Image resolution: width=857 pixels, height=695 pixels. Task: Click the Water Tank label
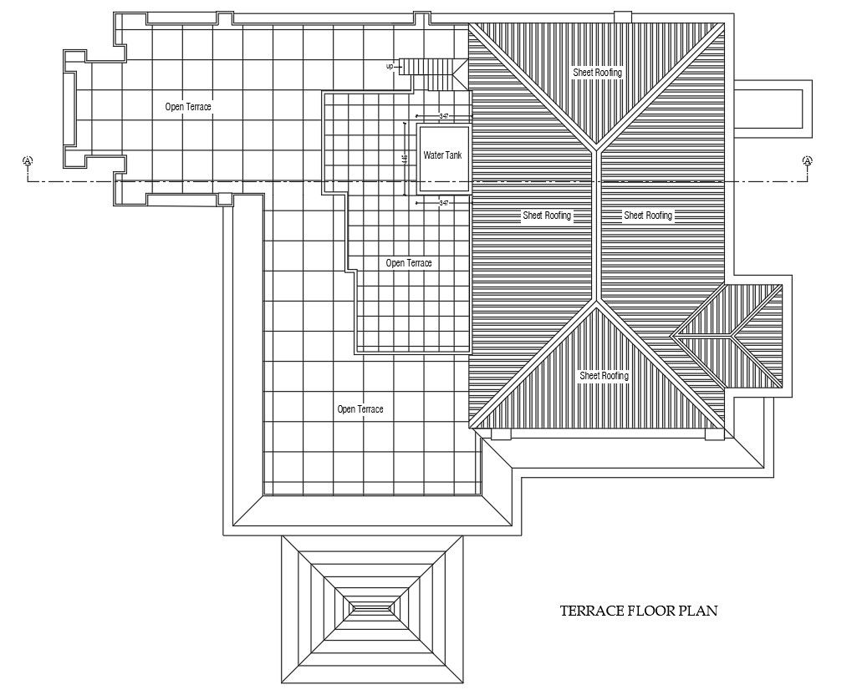[442, 155]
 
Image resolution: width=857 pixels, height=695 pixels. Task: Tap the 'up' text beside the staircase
[390, 66]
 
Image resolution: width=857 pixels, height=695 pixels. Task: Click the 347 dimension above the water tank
[444, 116]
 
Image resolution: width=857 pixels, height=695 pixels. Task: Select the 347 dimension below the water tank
[444, 203]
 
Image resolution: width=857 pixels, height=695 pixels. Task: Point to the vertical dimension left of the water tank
[406, 159]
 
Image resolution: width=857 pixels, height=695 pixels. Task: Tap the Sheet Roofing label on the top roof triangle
[597, 73]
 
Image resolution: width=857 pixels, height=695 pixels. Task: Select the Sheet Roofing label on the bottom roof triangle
[604, 376]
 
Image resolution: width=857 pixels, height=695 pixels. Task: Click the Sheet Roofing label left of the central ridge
[547, 216]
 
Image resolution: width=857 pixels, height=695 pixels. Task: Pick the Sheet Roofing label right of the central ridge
[648, 216]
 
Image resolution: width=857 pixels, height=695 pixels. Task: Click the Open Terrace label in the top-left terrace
[187, 107]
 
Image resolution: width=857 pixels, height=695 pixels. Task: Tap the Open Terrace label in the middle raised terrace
[409, 263]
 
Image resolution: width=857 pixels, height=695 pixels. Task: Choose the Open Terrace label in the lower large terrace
[360, 409]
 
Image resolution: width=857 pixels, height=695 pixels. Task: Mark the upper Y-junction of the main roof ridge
[597, 150]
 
